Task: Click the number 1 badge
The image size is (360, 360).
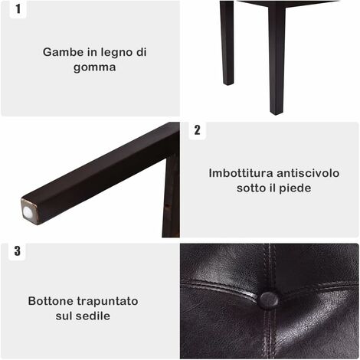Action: click(18, 9)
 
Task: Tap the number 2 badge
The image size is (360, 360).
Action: click(197, 130)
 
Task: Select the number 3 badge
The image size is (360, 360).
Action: click(17, 251)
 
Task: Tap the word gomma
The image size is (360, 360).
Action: click(95, 68)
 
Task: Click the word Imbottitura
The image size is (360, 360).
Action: click(241, 173)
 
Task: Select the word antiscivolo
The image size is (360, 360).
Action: click(308, 173)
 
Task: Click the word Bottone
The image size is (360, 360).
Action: click(51, 301)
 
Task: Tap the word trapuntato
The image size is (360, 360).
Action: click(107, 302)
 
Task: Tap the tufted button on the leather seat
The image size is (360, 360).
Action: click(269, 299)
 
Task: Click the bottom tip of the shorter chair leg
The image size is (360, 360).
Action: click(228, 83)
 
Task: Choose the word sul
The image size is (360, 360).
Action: click(64, 316)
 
